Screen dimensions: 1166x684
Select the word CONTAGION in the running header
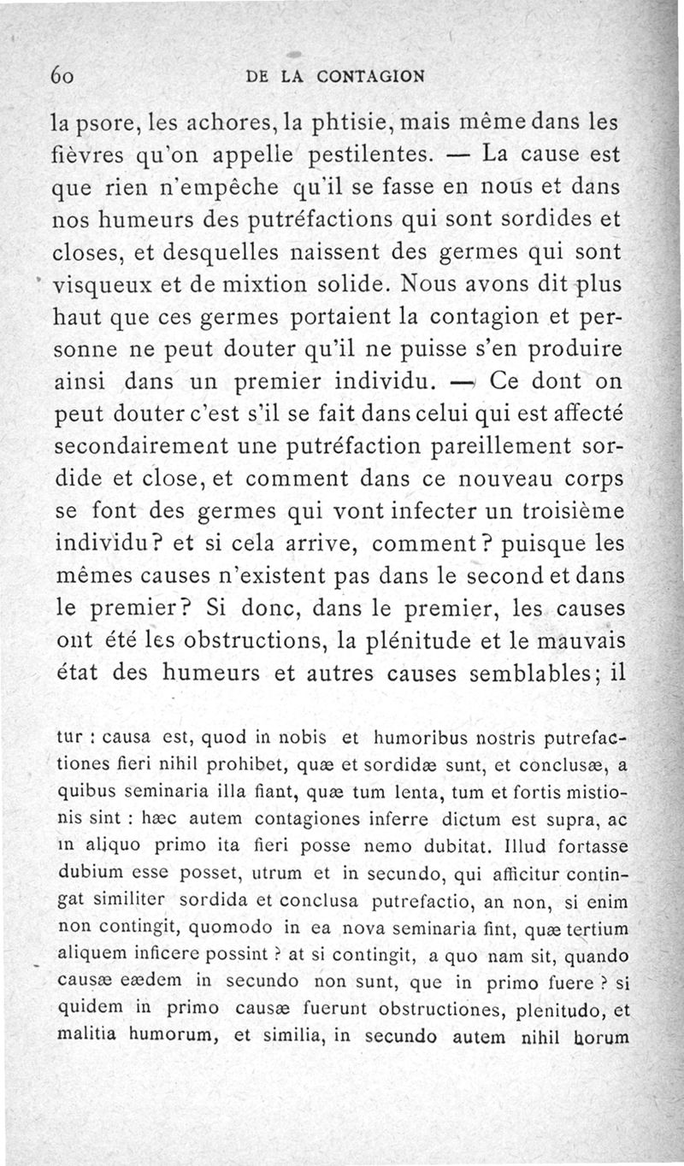pyautogui.click(x=370, y=76)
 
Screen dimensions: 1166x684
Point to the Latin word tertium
pyautogui.click(x=595, y=929)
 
